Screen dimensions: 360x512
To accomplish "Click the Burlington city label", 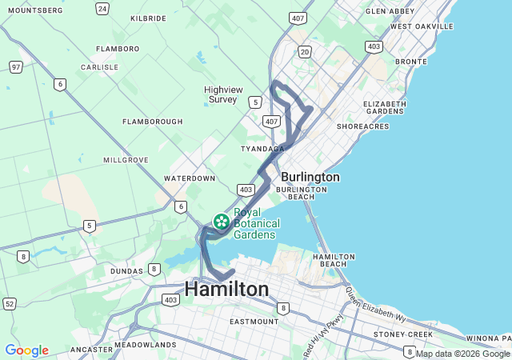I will (310, 177).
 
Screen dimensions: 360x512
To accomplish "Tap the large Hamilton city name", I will (226, 289).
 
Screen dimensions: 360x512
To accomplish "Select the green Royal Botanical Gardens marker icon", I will (222, 221).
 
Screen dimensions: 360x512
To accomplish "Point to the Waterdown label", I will (190, 178).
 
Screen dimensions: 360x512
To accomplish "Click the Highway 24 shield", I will (102, 8).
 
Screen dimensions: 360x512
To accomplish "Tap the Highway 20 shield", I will (305, 51).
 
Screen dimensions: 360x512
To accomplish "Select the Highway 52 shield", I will (10, 303).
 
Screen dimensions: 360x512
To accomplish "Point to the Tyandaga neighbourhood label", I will (262, 149).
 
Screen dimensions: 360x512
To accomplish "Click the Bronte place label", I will (411, 61).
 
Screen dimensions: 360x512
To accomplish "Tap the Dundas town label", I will (127, 271).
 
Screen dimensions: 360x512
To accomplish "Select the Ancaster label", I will (91, 349).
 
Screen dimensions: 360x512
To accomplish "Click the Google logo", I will (26, 350).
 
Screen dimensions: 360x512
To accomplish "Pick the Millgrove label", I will (126, 160).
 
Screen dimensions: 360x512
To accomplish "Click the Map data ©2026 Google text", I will (462, 354).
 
